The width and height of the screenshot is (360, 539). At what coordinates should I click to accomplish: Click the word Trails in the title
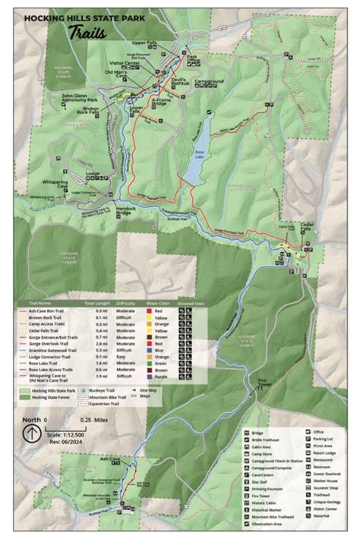(86, 31)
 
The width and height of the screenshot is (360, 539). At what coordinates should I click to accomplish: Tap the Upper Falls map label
(144, 43)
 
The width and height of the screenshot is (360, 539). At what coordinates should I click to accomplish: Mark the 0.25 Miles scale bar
(91, 427)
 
